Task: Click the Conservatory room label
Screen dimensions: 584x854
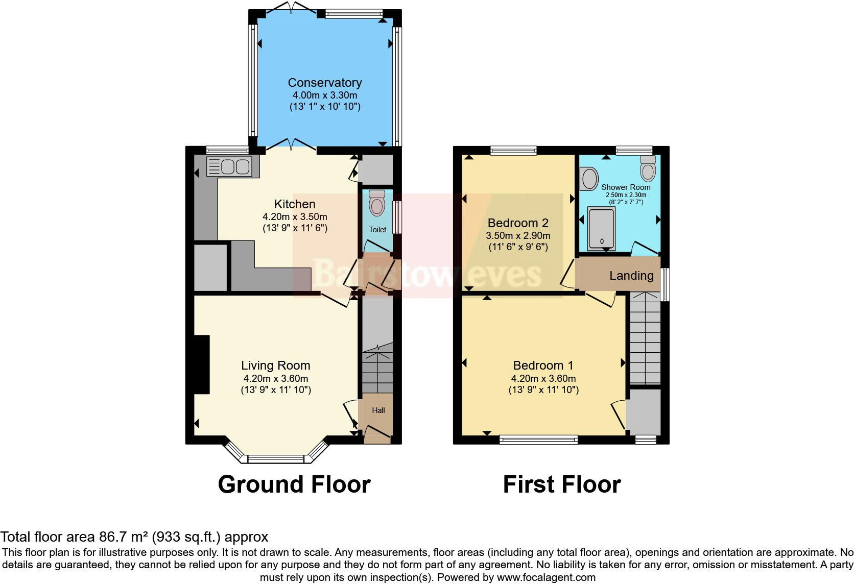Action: point(324,83)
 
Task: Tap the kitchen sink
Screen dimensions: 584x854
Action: point(229,166)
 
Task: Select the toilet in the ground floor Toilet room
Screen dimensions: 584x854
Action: point(377,204)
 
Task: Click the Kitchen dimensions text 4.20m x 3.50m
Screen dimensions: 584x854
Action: point(295,216)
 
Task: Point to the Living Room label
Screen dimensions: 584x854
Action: point(275,366)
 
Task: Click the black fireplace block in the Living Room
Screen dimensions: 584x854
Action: point(202,364)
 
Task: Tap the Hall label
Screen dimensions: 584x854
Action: point(378,410)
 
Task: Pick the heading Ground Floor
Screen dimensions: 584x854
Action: point(294,484)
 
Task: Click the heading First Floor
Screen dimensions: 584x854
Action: point(561,484)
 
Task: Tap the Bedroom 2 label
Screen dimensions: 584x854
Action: point(518,223)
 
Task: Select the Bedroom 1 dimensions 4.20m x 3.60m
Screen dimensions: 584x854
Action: point(543,379)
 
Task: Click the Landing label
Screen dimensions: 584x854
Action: point(631,276)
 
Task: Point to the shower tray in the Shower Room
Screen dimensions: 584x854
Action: point(601,229)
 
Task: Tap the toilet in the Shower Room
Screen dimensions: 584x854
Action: point(648,169)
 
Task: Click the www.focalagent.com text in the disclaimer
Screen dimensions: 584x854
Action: point(546,577)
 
